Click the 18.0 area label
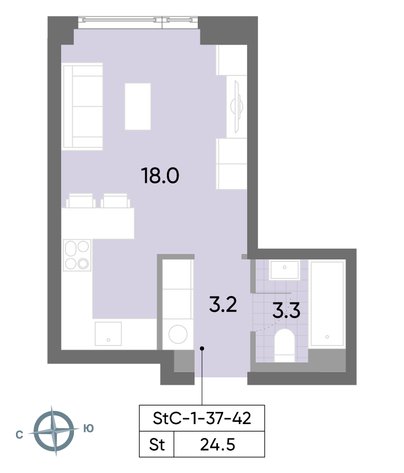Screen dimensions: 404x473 tap(160, 176)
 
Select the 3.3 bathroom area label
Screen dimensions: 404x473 tap(287, 310)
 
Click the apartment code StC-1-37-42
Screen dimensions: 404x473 tap(202, 418)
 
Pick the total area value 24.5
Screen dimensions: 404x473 tap(217, 445)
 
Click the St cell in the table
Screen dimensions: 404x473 tap(157, 445)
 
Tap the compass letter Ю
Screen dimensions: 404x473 tap(89, 428)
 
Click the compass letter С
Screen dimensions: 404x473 tap(19, 435)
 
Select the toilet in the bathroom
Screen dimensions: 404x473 tap(284, 345)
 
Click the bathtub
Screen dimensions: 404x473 tap(327, 303)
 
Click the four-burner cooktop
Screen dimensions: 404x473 tap(77, 255)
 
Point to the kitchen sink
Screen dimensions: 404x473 tap(108, 334)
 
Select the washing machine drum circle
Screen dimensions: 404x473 tap(178, 334)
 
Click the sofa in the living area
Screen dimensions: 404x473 tap(82, 106)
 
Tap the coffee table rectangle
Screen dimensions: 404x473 tap(138, 106)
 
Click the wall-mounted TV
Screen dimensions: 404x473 tap(237, 106)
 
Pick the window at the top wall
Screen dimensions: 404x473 tap(138, 23)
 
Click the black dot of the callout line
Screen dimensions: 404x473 tap(202, 349)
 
